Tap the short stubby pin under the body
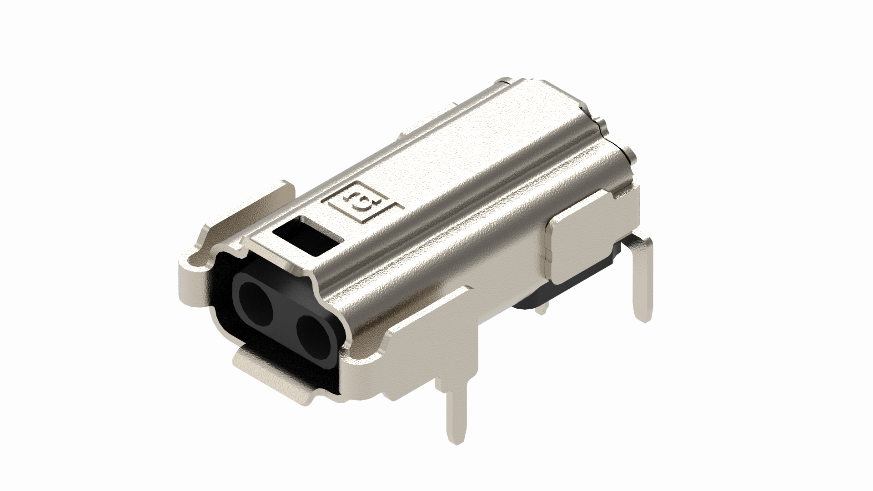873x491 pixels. (542, 309)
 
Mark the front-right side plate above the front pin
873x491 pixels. (432, 336)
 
